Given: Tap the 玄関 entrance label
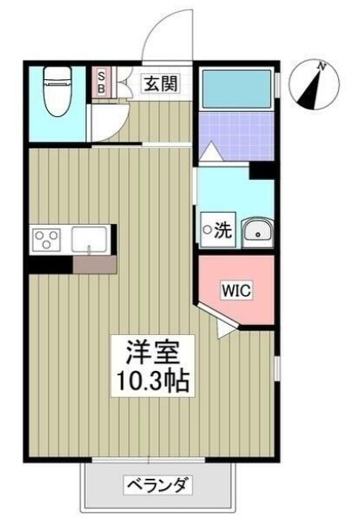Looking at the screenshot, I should pos(159,83).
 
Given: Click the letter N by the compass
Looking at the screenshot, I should pos(322,65).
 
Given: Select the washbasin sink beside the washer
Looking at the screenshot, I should pos(256,231).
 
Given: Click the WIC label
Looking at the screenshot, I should pos(236,291).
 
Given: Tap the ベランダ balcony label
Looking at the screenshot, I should pos(157,486).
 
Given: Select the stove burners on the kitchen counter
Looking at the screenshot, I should pos(47,240).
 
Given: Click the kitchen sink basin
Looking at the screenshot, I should pos(89,239).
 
